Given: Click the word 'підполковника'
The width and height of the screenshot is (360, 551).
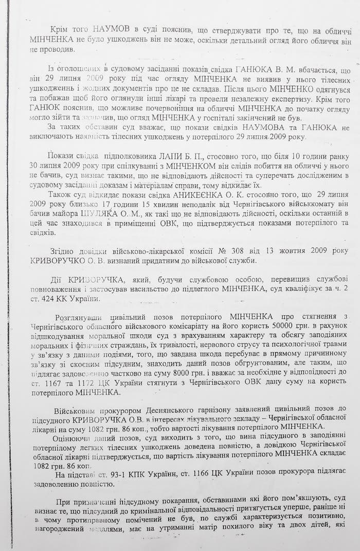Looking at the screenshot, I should (130, 156).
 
